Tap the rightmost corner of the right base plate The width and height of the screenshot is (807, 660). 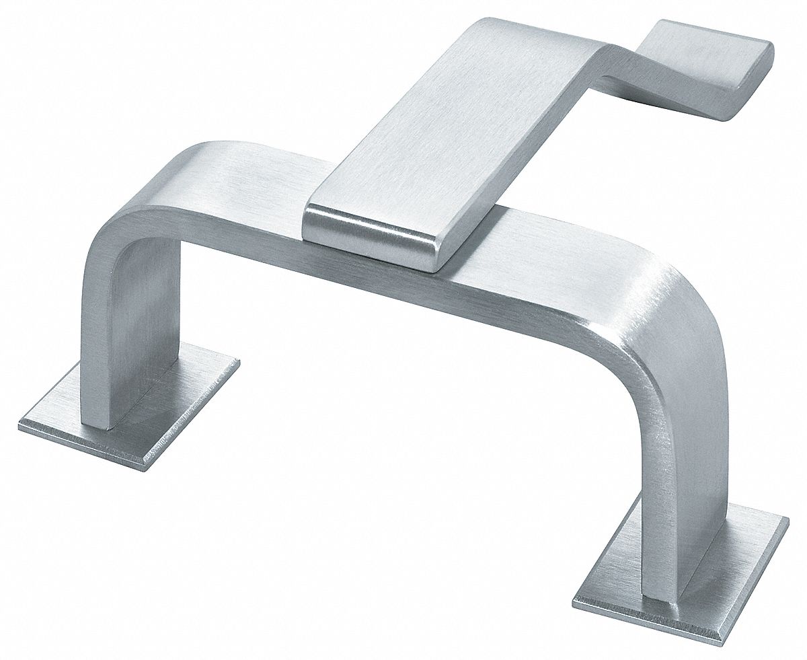click(787, 521)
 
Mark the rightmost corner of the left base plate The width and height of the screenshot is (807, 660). click(238, 363)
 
